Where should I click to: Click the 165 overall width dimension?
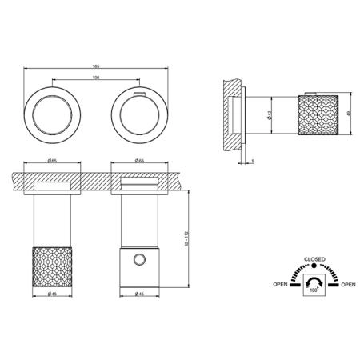(x=96, y=66)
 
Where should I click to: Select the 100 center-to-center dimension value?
(x=96, y=78)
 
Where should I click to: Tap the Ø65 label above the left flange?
(x=52, y=161)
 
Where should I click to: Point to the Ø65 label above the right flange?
(x=139, y=161)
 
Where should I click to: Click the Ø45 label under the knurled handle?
(x=52, y=294)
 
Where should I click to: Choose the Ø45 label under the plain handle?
(x=139, y=294)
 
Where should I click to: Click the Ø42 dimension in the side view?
(x=269, y=115)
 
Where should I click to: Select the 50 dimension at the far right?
(x=348, y=114)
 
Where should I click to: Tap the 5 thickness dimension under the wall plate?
(x=253, y=162)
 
